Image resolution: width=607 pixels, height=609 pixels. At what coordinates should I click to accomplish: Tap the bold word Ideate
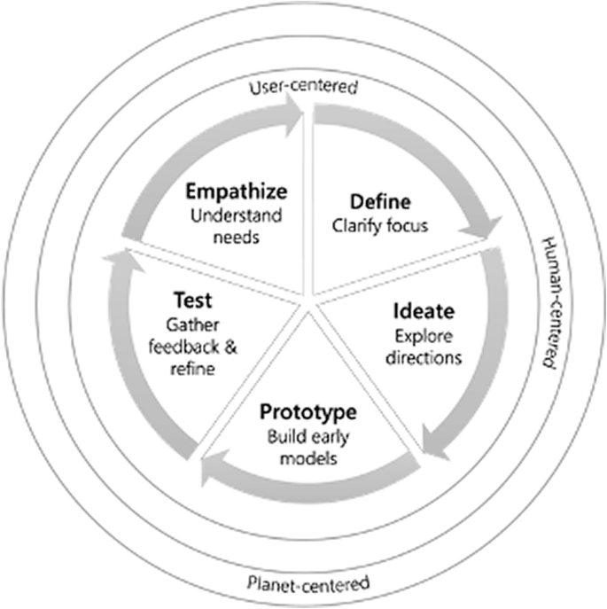click(424, 311)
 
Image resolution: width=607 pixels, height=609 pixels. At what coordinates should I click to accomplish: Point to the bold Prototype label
click(307, 412)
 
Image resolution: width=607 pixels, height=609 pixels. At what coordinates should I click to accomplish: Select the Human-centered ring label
click(550, 302)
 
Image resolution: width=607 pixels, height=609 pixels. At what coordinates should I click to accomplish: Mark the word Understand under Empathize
click(229, 215)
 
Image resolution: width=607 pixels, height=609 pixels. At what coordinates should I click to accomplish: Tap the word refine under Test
click(193, 370)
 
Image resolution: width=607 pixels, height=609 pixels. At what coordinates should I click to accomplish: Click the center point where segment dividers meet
click(309, 305)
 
